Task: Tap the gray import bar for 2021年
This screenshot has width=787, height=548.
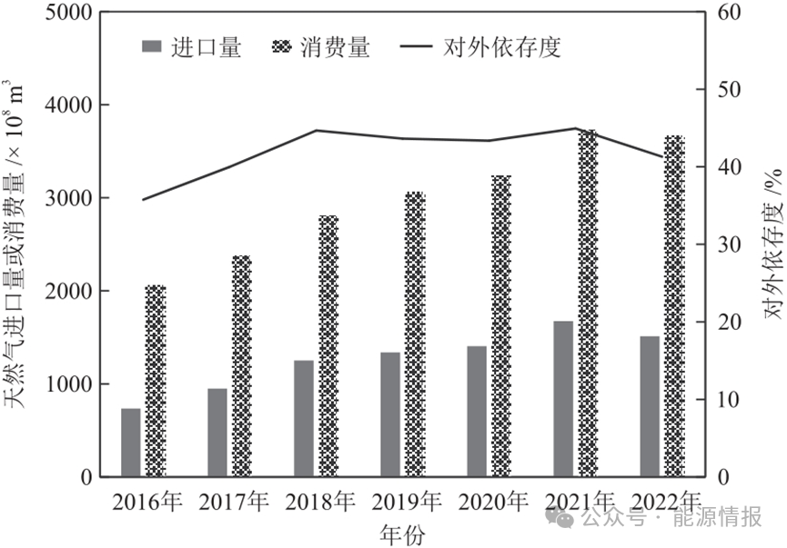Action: coord(563,399)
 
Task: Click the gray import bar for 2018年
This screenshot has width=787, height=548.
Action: coord(304,418)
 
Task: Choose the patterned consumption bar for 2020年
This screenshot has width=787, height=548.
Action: coord(500,326)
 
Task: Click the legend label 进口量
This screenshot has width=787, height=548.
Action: coord(206,48)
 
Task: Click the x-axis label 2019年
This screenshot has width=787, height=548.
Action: coord(406,502)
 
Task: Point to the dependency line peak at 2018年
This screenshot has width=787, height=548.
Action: coord(316,130)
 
